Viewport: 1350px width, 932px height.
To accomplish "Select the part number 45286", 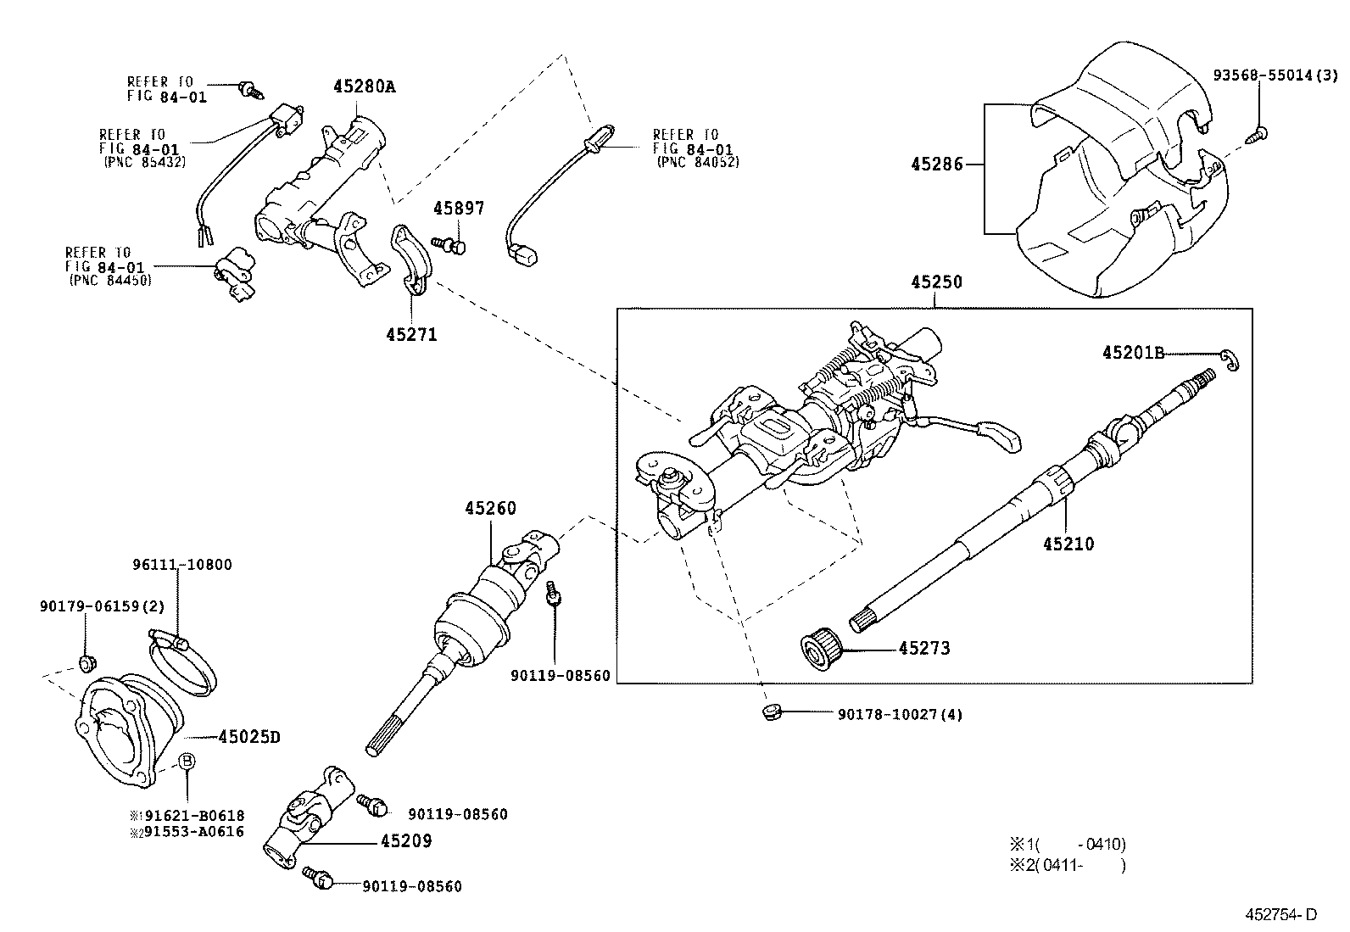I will pyautogui.click(x=937, y=164).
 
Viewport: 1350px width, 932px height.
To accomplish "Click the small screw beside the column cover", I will pyautogui.click(x=1258, y=134).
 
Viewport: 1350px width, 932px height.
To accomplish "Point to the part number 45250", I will pyautogui.click(x=936, y=282).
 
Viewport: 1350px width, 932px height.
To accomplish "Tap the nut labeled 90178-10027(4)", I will pyautogui.click(x=770, y=711).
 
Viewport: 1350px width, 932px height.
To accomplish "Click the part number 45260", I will pyautogui.click(x=490, y=509).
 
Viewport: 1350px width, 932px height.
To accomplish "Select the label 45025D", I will pyautogui.click(x=248, y=737).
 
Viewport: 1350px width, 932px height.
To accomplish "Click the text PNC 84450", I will pyautogui.click(x=110, y=280).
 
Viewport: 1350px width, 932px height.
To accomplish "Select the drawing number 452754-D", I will pyautogui.click(x=1280, y=914).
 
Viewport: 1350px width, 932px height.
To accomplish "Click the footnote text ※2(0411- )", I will pyautogui.click(x=1067, y=866).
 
